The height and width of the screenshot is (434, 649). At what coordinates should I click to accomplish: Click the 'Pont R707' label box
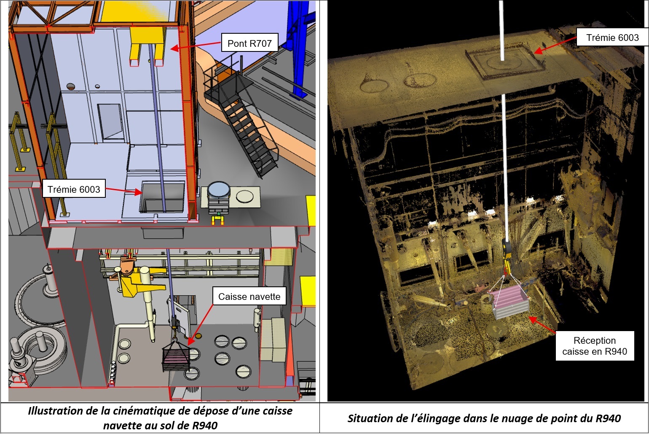[x=249, y=43]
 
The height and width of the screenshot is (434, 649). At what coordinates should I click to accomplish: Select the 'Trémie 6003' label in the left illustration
[x=74, y=189]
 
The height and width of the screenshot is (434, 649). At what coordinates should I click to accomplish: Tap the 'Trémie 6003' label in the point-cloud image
[x=612, y=37]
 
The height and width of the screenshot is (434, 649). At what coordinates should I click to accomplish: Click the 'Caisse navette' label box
[x=249, y=296]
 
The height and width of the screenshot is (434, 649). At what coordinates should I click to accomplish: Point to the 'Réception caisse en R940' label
[x=595, y=345]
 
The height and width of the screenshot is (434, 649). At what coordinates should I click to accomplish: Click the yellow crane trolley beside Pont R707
[x=147, y=45]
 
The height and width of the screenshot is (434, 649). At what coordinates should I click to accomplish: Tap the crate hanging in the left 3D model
[x=176, y=356]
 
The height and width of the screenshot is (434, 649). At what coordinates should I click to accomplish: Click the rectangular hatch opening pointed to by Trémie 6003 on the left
[x=162, y=197]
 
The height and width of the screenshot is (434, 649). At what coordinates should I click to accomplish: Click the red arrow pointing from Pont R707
[x=196, y=46]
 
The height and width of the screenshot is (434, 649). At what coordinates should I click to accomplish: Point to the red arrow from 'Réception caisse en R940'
[x=542, y=324]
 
